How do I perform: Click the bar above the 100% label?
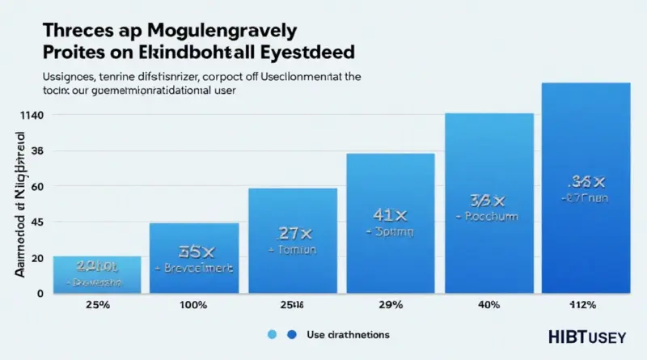pos(194,257)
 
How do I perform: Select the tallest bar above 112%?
pos(586,186)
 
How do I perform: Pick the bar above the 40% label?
pos(489,202)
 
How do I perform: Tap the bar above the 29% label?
pos(390,222)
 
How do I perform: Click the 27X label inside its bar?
pos(294,233)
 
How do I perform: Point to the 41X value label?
pos(391,214)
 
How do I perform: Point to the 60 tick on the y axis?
pos(36,187)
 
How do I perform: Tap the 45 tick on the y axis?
pos(36,222)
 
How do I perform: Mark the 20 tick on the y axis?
pos(36,258)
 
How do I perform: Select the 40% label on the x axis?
pos(488,305)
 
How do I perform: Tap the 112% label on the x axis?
pos(582,305)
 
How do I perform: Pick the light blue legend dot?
pos(272,334)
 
